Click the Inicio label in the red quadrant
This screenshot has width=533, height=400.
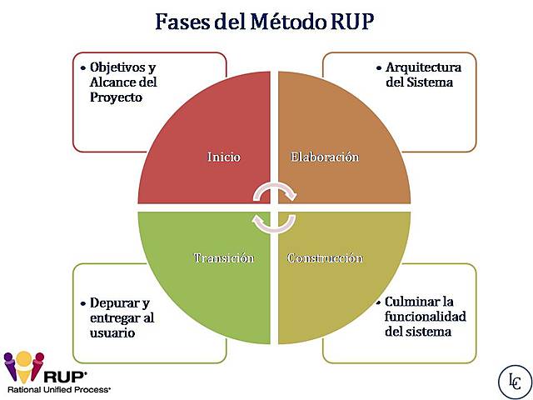pos(223,157)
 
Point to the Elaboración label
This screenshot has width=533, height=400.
pos(324,157)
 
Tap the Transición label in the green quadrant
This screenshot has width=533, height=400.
pos(223,257)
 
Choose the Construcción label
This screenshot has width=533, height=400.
pos(325,257)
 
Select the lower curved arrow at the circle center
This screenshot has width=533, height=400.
pos(275,222)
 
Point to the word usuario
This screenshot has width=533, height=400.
pos(112,332)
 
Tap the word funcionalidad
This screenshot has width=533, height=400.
pos(425,316)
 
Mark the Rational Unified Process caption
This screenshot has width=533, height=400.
pos(58,389)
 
